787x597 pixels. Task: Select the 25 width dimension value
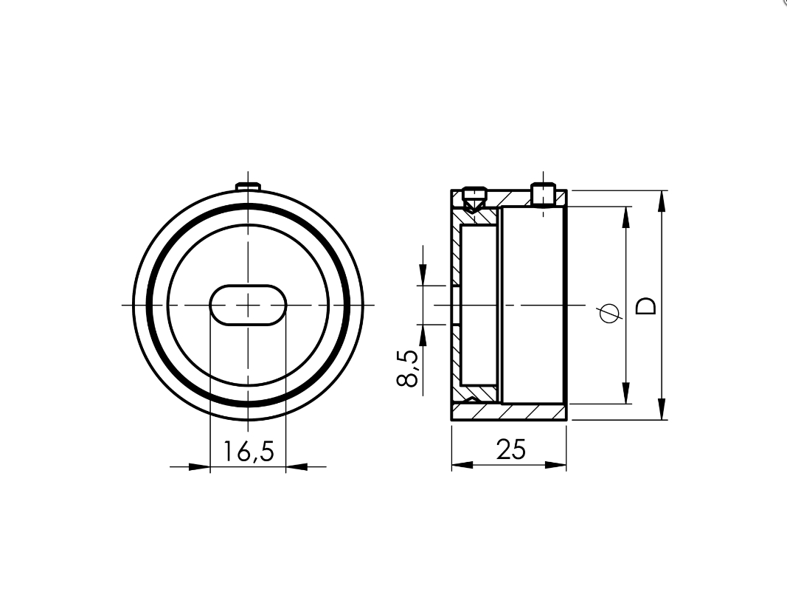pos(510,449)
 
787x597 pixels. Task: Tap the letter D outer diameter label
pos(646,306)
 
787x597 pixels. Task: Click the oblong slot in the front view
pos(248,304)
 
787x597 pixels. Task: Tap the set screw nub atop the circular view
pos(248,185)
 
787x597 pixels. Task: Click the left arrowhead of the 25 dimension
pos(460,466)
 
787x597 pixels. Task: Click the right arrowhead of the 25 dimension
pos(557,466)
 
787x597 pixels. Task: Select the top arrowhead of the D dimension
pos(662,200)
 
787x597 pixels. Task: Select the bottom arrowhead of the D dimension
pos(662,410)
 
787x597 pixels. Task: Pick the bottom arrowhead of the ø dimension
pos(626,393)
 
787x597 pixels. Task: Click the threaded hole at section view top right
pos(543,196)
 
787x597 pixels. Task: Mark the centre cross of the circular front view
pos(248,304)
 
